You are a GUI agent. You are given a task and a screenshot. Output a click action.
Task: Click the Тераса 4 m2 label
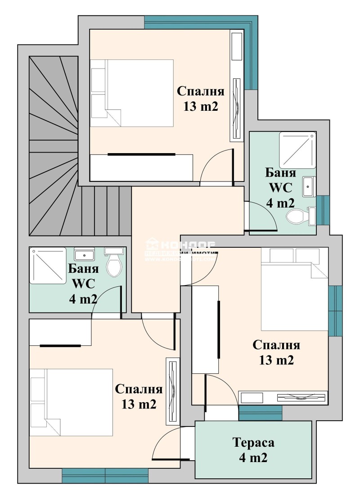pyautogui.click(x=253, y=450)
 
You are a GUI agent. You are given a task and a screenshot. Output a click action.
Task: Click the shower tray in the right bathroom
pyautogui.click(x=297, y=150)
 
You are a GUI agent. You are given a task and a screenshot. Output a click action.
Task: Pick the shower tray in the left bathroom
pyautogui.click(x=48, y=266)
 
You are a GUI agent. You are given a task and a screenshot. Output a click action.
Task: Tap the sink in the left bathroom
pyautogui.click(x=84, y=255)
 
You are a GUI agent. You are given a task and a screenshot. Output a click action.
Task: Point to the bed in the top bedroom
pyautogui.click(x=132, y=93)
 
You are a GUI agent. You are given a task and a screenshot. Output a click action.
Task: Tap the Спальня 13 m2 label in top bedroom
pyautogui.click(x=201, y=99)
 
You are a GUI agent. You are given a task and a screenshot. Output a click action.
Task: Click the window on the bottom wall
pyautogui.click(x=105, y=476)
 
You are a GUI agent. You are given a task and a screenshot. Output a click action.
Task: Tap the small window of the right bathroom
pyautogui.click(x=323, y=210)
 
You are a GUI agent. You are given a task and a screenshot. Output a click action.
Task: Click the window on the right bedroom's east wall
pyautogui.click(x=335, y=311)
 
